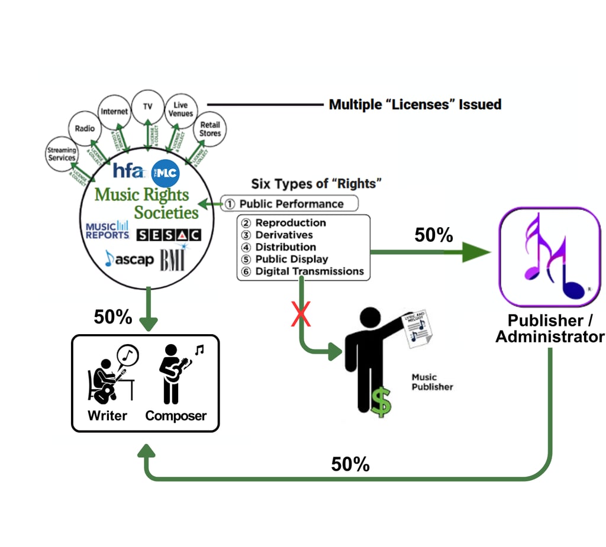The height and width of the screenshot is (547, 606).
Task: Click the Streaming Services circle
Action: click(62, 154)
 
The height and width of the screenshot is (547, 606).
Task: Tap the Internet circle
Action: click(114, 111)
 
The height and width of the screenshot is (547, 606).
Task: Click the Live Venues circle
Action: click(180, 109)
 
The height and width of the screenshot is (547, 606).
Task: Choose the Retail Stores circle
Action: click(209, 129)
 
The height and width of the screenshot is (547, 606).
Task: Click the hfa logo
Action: click(128, 171)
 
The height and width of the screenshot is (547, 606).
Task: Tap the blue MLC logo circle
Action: click(165, 173)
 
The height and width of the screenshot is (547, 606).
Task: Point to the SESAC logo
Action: click(169, 235)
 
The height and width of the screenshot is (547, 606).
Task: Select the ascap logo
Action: click(129, 258)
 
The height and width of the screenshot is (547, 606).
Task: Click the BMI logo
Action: click(172, 259)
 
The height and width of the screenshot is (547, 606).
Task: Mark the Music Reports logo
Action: click(107, 230)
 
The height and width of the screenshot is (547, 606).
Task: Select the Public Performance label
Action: click(290, 204)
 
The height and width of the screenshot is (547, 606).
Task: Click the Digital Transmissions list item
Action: click(309, 271)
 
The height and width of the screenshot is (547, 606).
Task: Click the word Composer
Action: click(176, 416)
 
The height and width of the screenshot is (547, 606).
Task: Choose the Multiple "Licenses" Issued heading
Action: click(415, 105)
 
